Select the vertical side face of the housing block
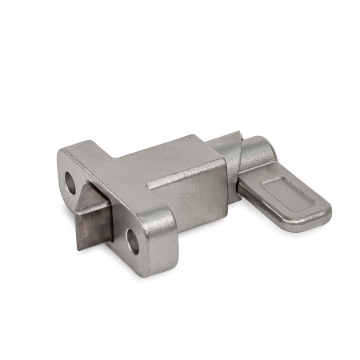tap(196, 204)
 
